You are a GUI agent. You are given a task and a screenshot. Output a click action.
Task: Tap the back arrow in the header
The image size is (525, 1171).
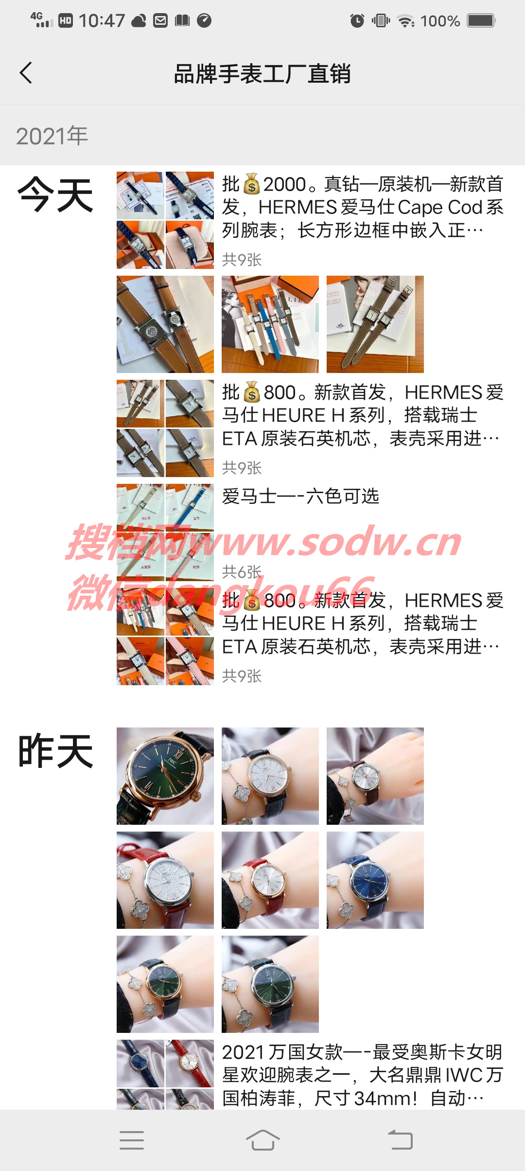[26, 73]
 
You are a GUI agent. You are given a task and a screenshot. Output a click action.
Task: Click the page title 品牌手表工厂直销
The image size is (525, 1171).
[262, 74]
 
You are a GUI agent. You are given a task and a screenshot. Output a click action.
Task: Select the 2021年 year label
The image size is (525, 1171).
[52, 136]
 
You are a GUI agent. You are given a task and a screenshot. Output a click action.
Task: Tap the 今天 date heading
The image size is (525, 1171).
[55, 195]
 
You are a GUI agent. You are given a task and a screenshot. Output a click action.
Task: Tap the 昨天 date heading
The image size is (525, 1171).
[55, 751]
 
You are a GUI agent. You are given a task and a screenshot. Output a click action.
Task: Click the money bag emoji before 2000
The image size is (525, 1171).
[252, 185]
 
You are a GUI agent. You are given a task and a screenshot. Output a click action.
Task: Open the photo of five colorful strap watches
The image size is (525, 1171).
[270, 324]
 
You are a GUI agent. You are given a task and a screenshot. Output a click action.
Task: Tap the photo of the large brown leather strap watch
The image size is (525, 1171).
[165, 324]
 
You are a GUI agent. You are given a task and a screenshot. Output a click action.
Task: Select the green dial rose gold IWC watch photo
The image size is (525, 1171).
[165, 776]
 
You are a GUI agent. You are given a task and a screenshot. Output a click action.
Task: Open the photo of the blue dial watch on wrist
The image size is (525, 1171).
[375, 880]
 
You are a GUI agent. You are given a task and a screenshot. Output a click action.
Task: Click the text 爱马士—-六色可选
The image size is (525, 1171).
[300, 497]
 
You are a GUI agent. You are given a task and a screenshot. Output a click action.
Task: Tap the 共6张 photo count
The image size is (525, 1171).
[242, 571]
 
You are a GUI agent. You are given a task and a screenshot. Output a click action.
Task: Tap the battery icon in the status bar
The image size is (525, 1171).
[481, 20]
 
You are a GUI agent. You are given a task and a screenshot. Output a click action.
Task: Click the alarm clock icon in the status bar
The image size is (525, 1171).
[357, 20]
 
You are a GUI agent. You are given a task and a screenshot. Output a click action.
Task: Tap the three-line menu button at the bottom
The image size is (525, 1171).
[132, 1140]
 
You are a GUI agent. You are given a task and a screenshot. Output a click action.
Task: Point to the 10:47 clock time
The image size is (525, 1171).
[102, 20]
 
